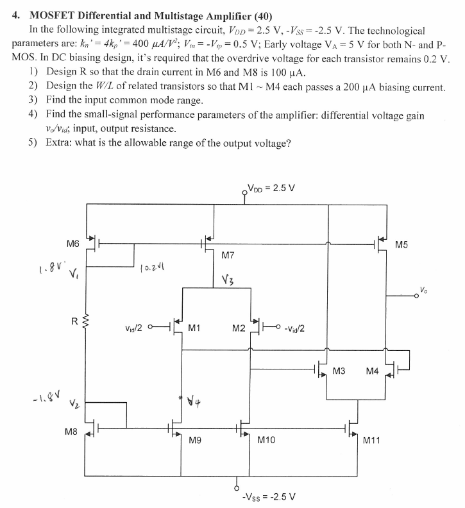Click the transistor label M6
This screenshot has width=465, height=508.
pyautogui.click(x=72, y=244)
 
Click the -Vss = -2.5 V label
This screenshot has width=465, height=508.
pyautogui.click(x=268, y=497)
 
